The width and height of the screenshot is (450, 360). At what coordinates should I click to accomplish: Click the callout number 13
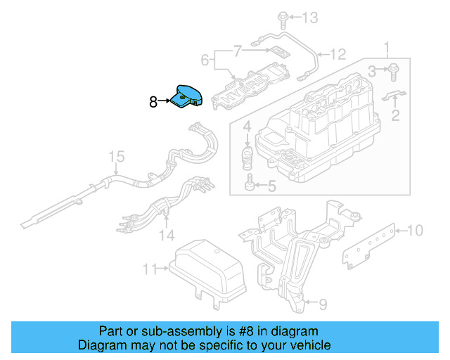click(x=310, y=17)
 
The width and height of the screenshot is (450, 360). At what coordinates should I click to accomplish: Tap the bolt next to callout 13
click(x=282, y=17)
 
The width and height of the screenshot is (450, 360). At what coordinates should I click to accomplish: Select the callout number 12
click(x=338, y=53)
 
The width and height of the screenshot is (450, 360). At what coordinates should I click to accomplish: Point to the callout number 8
click(x=154, y=101)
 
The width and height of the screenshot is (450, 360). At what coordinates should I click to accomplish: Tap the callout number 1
click(x=385, y=49)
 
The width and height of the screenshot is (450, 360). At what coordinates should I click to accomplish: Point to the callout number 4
click(x=247, y=128)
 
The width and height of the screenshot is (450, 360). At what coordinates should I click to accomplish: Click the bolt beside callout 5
click(x=250, y=186)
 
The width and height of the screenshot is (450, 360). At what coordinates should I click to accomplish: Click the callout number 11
click(x=149, y=269)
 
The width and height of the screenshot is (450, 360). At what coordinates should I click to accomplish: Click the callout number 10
click(x=415, y=229)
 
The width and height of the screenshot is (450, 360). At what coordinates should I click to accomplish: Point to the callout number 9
click(x=322, y=304)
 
